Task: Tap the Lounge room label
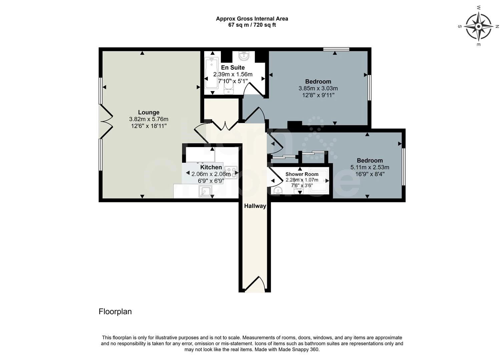148,112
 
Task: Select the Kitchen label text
211,167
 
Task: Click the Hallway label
255,206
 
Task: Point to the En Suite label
233,68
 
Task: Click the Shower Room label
302,174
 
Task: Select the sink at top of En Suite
246,56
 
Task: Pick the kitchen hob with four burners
231,172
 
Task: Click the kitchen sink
205,191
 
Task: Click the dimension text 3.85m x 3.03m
318,88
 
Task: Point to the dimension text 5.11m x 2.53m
370,167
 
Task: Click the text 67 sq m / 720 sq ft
252,25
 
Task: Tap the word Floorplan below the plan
115,312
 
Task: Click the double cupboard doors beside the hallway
221,125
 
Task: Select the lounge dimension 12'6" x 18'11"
148,126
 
